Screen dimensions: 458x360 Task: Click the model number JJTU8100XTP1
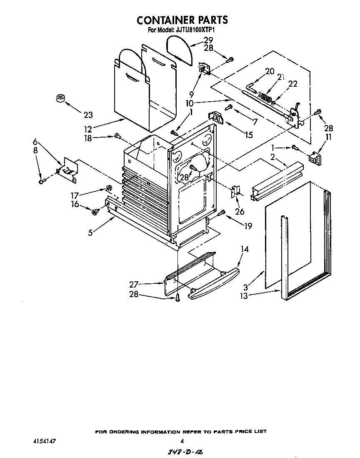[196, 30]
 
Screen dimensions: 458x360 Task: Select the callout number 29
[208, 40]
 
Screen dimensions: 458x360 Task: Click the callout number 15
[248, 135]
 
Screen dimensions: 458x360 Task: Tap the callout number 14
[245, 250]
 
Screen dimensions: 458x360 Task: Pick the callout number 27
[133, 285]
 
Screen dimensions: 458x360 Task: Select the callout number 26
[240, 211]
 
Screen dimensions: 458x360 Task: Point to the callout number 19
[248, 226]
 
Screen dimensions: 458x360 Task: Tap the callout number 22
[292, 84]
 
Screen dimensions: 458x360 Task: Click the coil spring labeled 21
[264, 96]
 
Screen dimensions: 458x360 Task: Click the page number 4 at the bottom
[182, 440]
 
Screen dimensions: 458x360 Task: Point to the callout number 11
[329, 137]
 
